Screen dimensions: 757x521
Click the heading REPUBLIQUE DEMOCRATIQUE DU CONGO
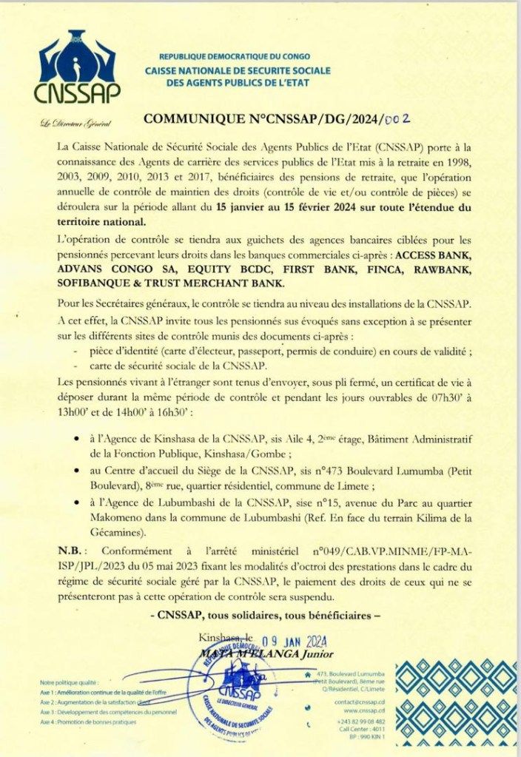(x=235, y=56)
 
